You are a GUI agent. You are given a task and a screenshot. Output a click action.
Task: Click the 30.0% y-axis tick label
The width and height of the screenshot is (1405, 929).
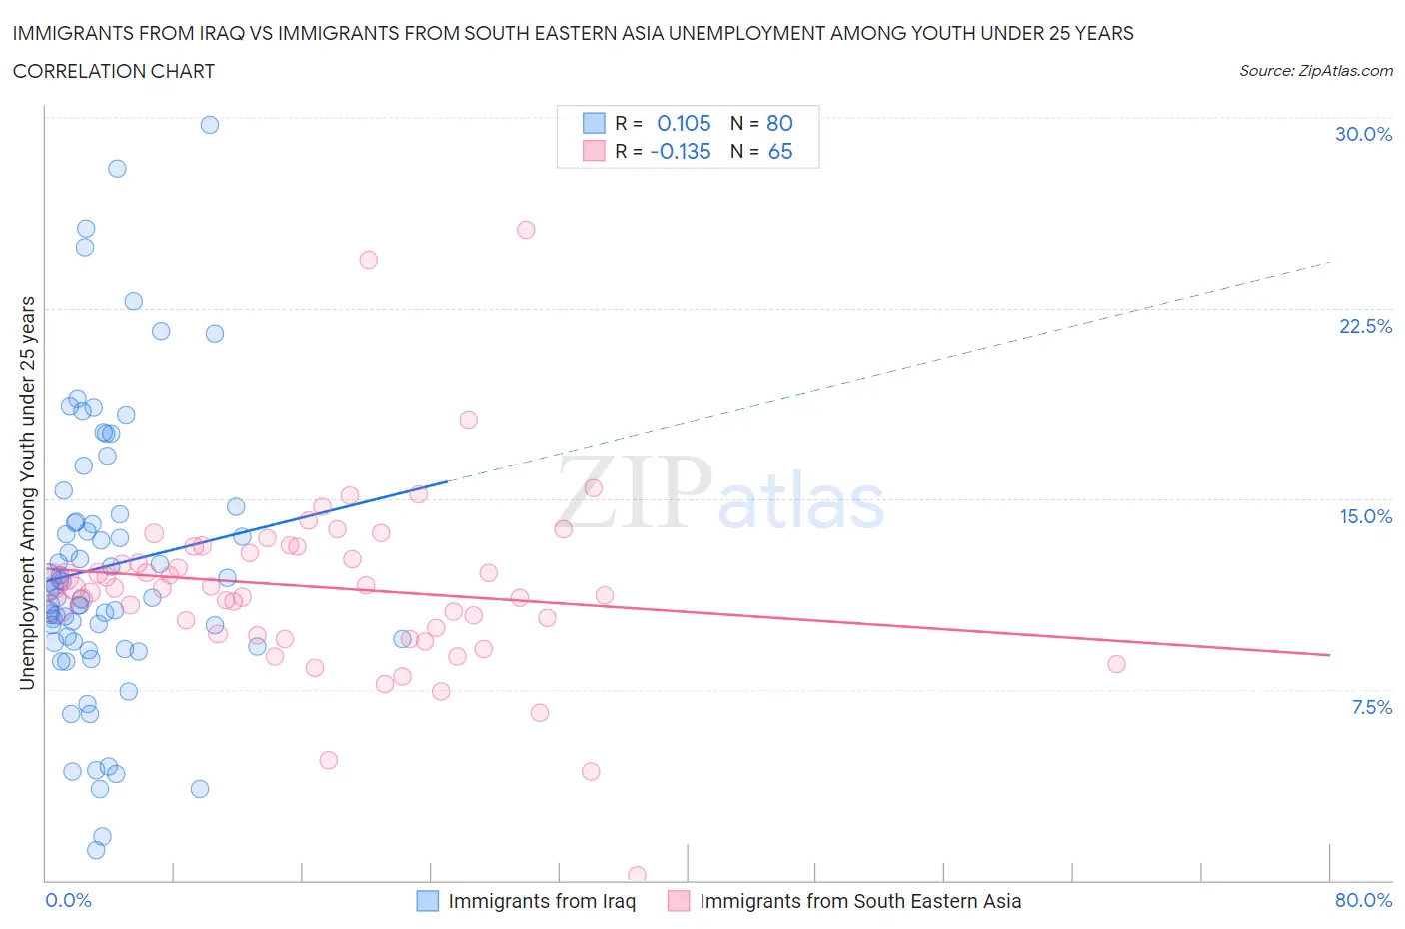[1363, 134]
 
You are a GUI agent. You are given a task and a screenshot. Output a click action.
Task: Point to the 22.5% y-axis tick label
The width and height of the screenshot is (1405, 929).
[1365, 326]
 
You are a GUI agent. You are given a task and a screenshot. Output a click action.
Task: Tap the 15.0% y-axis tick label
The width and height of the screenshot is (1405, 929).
[1365, 516]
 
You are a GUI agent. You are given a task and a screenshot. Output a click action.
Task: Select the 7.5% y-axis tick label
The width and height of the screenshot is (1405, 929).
[1371, 707]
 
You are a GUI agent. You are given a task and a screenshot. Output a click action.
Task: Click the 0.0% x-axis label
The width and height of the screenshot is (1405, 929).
[68, 900]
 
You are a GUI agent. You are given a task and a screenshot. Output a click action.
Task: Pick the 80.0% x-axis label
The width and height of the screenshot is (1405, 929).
[1363, 900]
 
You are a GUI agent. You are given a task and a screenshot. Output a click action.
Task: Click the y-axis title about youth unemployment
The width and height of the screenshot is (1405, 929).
[27, 492]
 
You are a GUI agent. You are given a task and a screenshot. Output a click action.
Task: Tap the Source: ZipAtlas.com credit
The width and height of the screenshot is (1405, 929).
[1315, 70]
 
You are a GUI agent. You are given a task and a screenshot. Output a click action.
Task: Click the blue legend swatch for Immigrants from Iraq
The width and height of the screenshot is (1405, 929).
[427, 901]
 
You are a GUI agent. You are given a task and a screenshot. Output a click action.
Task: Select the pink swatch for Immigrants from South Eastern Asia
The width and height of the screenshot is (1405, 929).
[679, 901]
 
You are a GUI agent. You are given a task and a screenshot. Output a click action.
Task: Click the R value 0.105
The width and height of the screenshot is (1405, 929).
[684, 123]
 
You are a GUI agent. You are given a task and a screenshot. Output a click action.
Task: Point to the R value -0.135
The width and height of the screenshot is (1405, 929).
[680, 151]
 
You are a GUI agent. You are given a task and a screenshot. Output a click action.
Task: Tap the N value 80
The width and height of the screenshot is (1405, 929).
[779, 123]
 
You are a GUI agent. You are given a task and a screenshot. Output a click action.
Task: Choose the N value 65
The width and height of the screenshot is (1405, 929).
[780, 151]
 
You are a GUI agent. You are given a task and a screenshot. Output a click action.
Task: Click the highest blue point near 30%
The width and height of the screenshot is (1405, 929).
[210, 125]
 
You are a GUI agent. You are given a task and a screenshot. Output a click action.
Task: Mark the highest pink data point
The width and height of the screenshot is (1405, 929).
[526, 230]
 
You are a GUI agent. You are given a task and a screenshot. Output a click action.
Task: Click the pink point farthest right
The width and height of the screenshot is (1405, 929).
[1116, 664]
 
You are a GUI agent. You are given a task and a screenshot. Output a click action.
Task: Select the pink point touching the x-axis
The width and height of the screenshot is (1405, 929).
[637, 875]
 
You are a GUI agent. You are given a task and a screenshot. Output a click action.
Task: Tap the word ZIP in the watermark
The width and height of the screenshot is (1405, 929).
[634, 492]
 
